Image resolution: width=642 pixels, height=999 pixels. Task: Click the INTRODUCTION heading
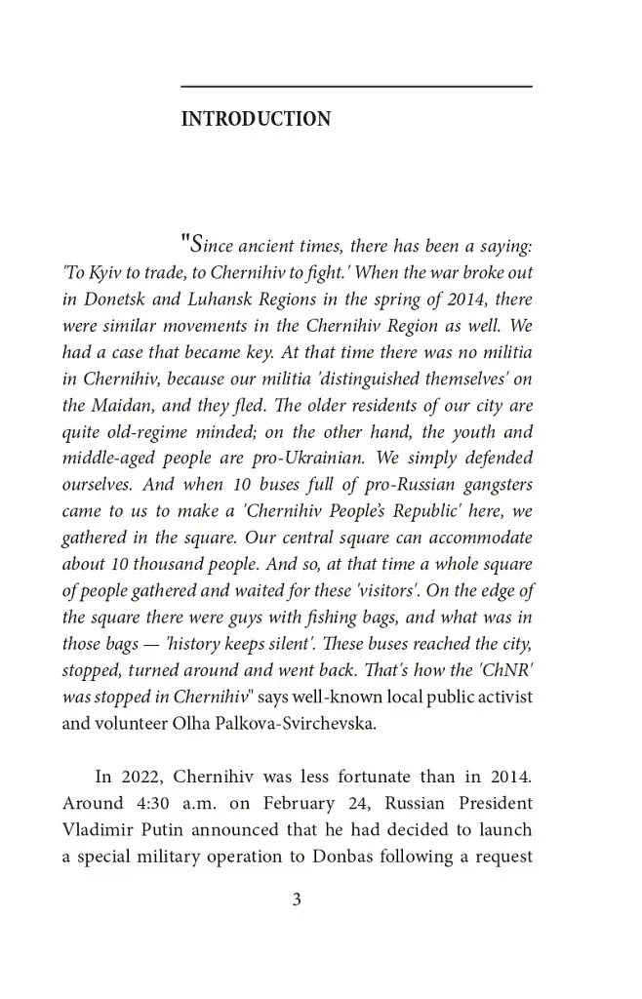tap(256, 120)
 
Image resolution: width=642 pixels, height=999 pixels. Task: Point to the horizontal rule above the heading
tap(356, 87)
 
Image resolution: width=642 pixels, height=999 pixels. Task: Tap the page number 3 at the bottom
tap(297, 900)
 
